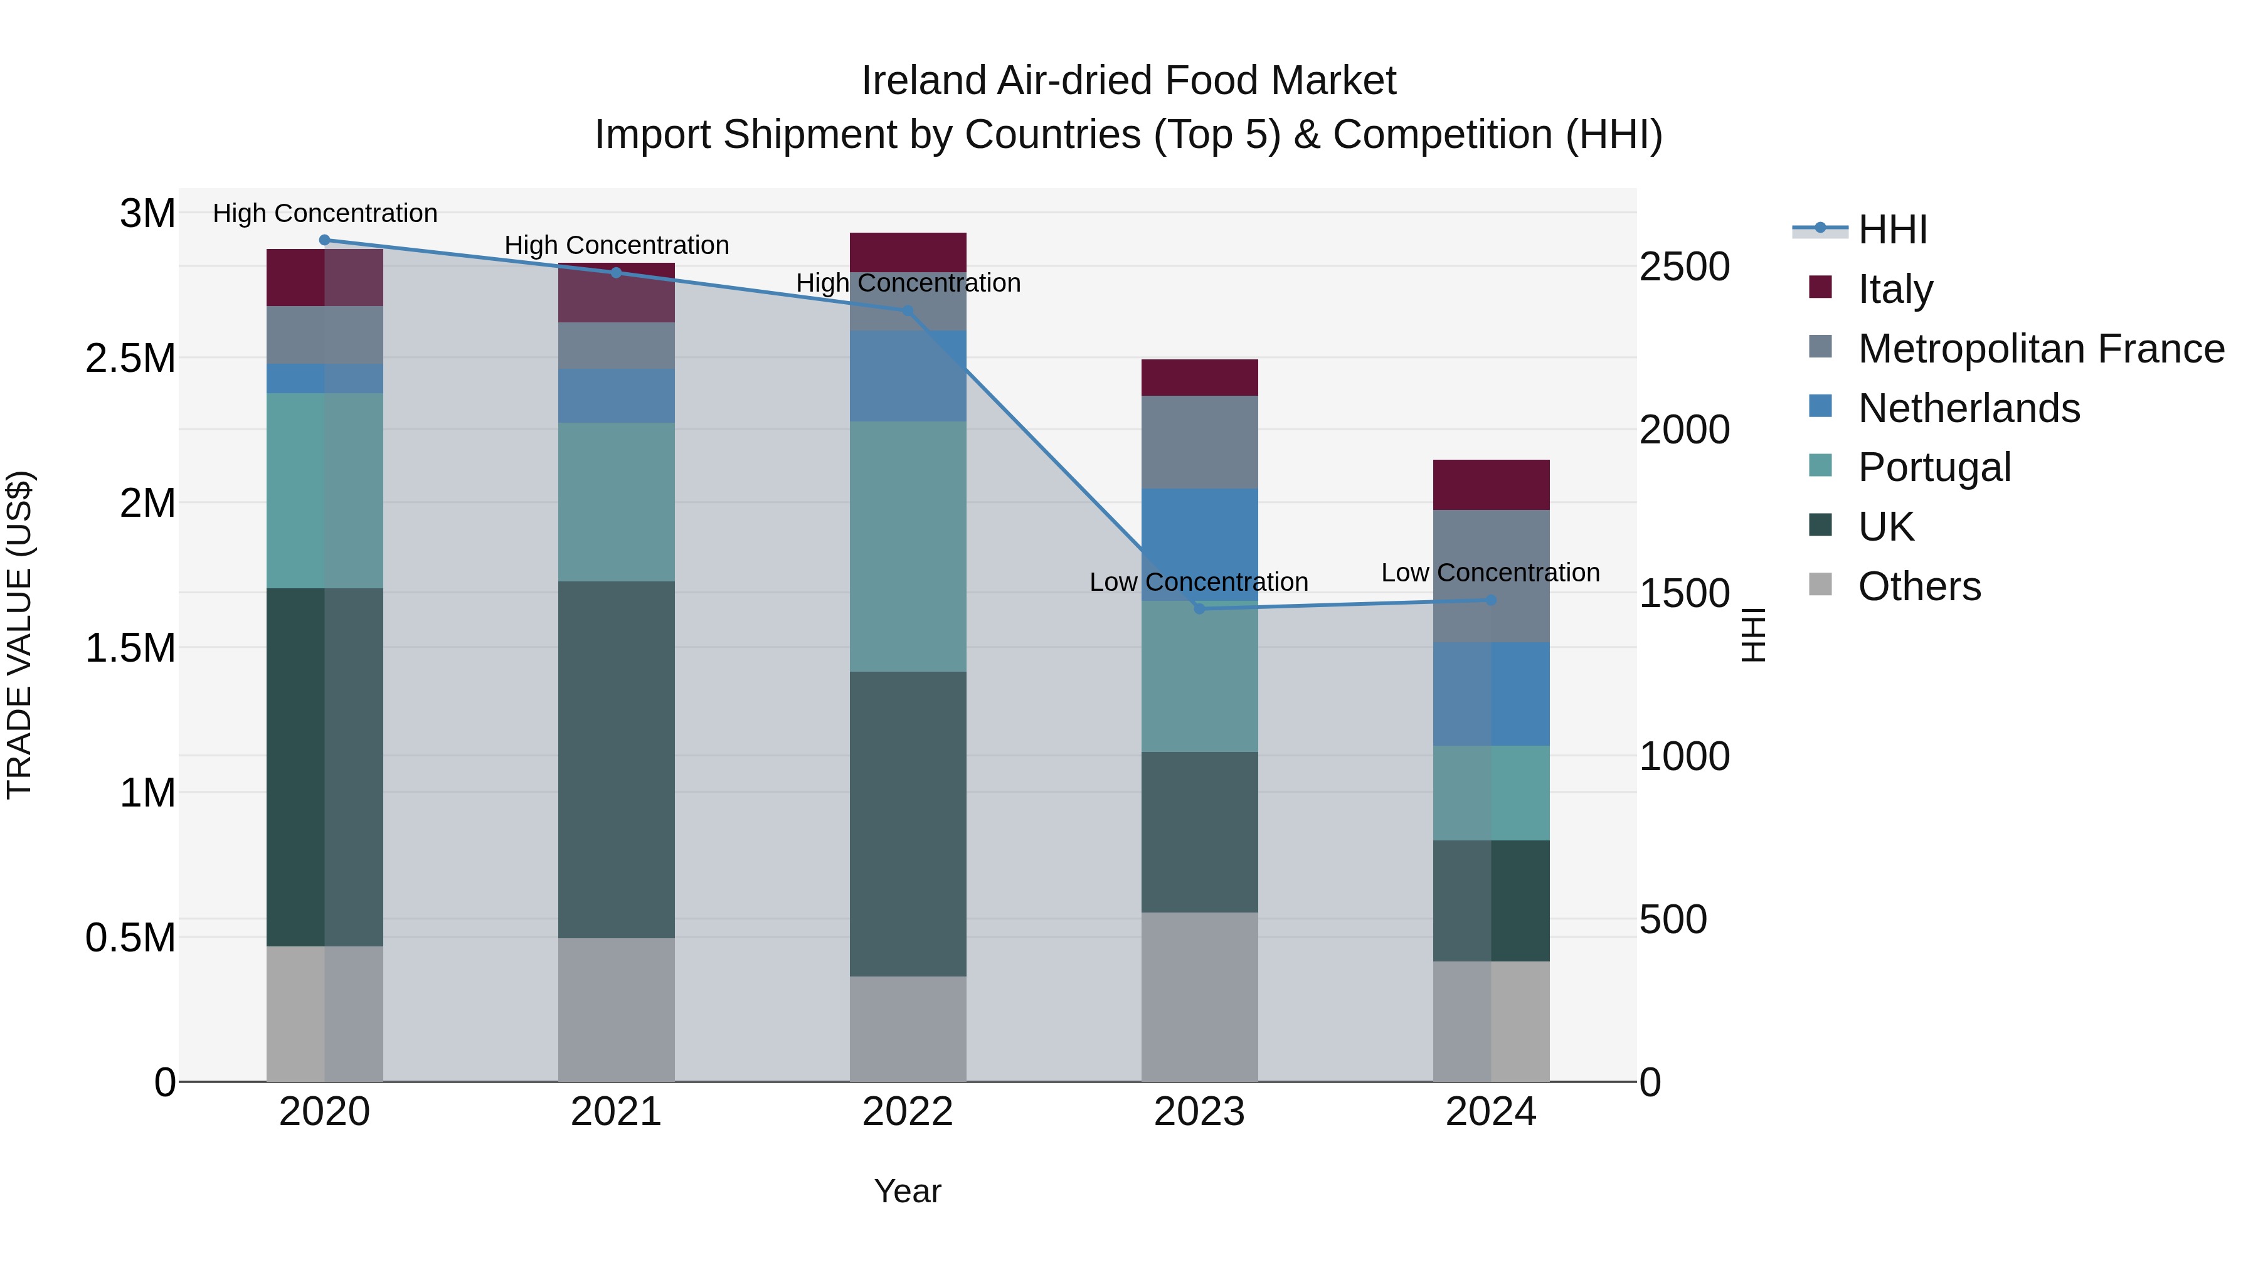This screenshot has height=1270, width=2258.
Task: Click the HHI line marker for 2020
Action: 324,240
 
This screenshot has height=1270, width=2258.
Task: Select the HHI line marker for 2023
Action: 1199,608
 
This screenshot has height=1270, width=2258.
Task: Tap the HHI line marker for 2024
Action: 1491,600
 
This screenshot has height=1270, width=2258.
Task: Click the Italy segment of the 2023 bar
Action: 1199,378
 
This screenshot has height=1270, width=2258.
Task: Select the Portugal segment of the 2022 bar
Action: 908,546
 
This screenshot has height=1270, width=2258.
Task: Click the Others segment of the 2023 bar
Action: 1199,997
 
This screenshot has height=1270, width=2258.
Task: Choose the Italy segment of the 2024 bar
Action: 1491,485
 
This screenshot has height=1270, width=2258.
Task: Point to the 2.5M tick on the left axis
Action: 130,359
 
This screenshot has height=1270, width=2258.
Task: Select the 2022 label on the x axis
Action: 908,1112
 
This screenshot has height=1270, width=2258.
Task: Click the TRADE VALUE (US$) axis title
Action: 19,635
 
